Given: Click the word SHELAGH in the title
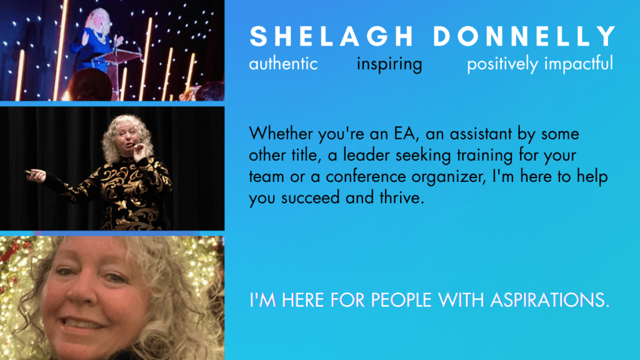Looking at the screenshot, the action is click(x=332, y=36).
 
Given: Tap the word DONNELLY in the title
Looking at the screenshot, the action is click(x=524, y=36).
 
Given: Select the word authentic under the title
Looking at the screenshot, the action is click(x=283, y=64).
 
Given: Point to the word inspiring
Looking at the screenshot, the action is click(x=389, y=64).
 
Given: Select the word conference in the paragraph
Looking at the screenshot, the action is click(x=366, y=177).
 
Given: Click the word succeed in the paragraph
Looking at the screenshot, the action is click(x=311, y=198).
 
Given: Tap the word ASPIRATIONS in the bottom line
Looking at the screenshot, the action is click(x=550, y=300).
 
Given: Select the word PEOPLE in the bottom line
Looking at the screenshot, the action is click(x=401, y=300).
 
